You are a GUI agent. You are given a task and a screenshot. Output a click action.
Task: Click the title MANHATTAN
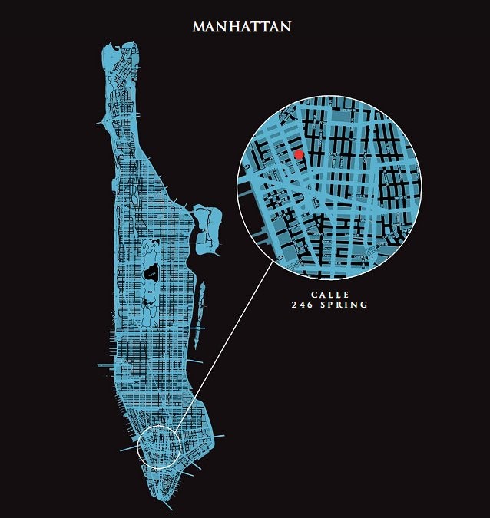pos(242,26)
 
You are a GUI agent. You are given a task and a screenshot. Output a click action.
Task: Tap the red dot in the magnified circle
pos(299,155)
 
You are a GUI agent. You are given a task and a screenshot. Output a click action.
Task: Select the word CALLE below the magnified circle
pos(329,295)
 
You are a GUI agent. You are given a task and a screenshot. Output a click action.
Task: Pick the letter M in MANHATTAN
pos(199,27)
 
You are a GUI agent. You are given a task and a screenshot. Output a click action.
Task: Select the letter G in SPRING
pos(365,305)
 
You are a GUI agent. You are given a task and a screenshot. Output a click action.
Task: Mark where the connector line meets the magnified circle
pos(274,261)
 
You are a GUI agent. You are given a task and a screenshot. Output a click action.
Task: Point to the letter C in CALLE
pos(313,295)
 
